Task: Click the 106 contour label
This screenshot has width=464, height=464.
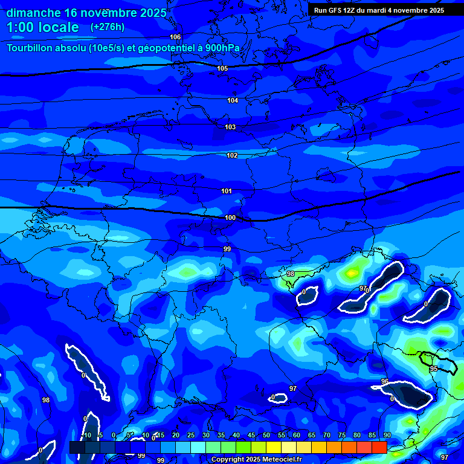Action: (x=175, y=37)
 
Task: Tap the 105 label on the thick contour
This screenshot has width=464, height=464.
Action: (x=222, y=68)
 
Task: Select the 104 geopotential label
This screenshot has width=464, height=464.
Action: (x=233, y=100)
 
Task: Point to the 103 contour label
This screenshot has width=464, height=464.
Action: (x=230, y=127)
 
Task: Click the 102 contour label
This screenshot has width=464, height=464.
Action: (x=232, y=155)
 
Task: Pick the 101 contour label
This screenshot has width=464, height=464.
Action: (x=227, y=191)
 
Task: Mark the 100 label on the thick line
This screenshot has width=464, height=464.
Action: (x=230, y=217)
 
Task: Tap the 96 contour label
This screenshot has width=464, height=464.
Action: (x=385, y=381)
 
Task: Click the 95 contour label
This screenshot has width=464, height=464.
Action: (x=433, y=369)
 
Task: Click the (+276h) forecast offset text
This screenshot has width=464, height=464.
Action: (x=108, y=27)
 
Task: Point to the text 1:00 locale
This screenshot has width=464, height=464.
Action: (x=43, y=27)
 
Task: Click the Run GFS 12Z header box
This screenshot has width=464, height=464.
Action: (x=379, y=10)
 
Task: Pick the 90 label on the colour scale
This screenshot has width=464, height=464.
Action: (x=387, y=435)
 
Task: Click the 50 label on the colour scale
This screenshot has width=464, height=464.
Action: (x=266, y=435)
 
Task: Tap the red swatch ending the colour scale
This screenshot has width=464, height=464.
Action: (x=379, y=447)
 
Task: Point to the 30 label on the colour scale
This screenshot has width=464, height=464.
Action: (x=206, y=435)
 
